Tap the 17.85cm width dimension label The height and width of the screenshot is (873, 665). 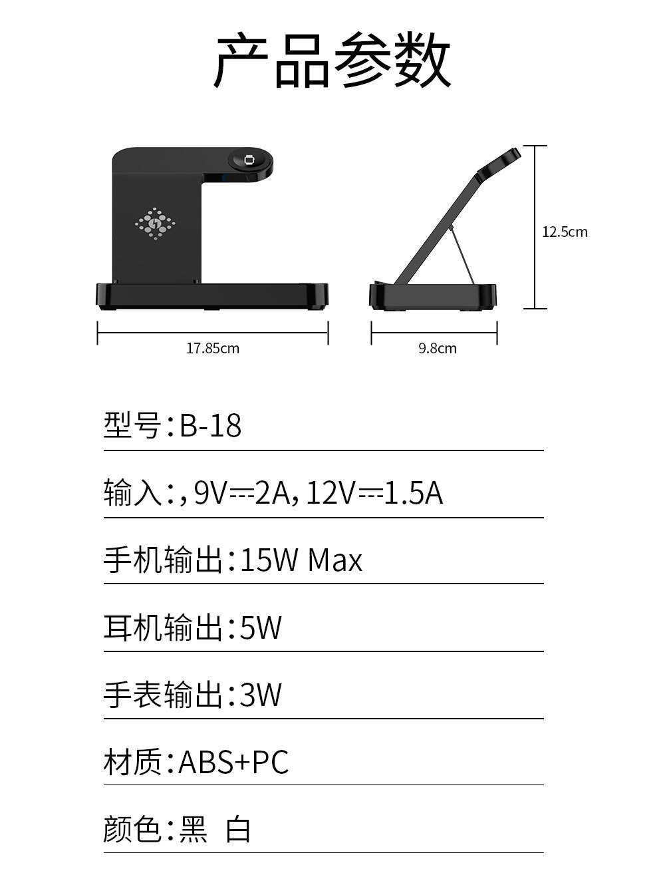[212, 348]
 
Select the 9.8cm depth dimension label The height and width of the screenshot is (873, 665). [437, 348]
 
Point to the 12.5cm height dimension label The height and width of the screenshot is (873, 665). [565, 232]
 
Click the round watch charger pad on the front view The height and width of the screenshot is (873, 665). [251, 160]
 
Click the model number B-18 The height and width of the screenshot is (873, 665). [210, 425]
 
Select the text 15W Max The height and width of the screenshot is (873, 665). [301, 560]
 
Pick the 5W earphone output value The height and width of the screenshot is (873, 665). [261, 627]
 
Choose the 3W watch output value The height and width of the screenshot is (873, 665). [261, 695]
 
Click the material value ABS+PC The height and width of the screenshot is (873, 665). [233, 762]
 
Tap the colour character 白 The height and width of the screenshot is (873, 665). [238, 830]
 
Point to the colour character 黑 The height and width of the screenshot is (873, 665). [194, 830]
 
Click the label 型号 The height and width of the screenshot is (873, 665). [132, 425]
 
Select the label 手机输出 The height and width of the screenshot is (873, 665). [162, 560]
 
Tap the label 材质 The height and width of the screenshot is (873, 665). [132, 762]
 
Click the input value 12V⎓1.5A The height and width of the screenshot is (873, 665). [374, 493]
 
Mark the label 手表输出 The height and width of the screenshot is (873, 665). [162, 695]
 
